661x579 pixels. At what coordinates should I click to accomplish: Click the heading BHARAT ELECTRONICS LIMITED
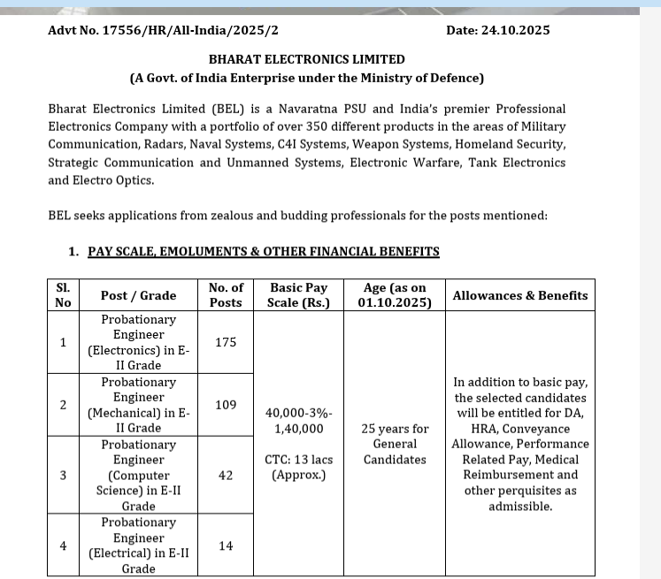(x=306, y=59)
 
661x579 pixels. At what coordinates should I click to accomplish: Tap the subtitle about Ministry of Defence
(x=306, y=78)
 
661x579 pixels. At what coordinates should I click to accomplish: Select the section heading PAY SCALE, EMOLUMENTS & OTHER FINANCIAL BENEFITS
(x=263, y=252)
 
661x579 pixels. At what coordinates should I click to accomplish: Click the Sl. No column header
(x=63, y=295)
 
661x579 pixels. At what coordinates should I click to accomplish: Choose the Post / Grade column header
(x=138, y=295)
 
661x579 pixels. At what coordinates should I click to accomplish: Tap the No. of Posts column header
(x=226, y=295)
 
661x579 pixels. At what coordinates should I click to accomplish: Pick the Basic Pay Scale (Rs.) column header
(x=297, y=295)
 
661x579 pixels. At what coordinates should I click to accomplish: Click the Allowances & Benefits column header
(x=519, y=295)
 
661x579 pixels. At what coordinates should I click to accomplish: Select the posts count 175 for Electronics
(x=226, y=341)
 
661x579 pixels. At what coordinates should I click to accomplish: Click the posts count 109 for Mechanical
(x=226, y=404)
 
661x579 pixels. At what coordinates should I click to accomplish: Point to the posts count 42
(x=226, y=475)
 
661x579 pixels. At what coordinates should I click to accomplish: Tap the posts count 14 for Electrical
(x=226, y=545)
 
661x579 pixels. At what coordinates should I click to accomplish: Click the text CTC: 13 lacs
(x=297, y=459)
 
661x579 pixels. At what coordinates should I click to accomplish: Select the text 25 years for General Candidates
(x=395, y=444)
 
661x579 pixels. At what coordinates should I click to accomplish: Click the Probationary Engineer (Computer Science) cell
(x=138, y=475)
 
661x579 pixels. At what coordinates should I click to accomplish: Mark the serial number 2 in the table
(x=63, y=404)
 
